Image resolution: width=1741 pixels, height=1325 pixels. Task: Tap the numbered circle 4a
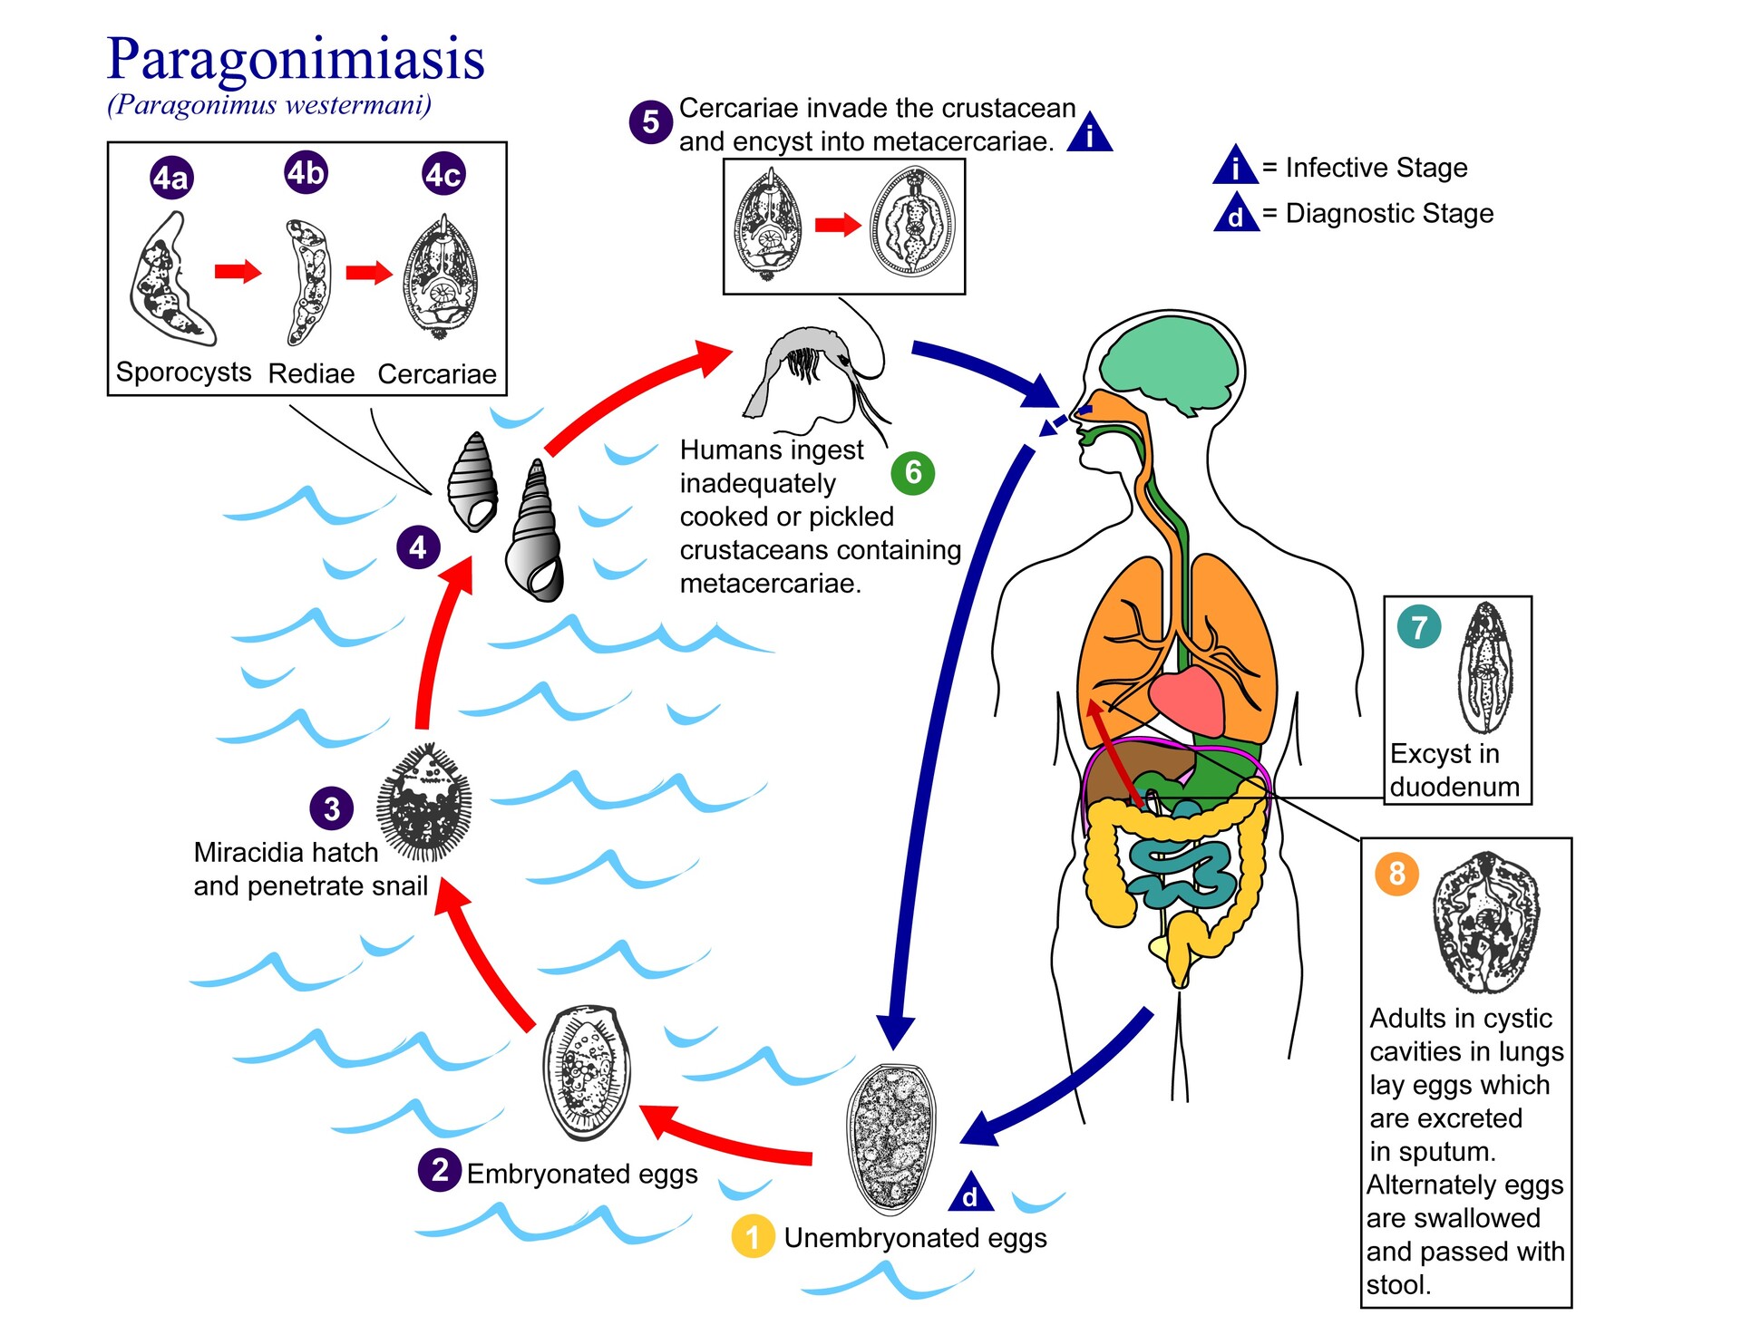(x=170, y=177)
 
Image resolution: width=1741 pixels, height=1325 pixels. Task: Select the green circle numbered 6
(x=912, y=472)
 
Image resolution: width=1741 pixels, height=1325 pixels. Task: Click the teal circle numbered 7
(x=1419, y=626)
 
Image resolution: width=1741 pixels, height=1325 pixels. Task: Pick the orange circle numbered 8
(x=1396, y=874)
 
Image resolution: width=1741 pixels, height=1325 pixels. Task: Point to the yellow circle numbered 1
(x=753, y=1237)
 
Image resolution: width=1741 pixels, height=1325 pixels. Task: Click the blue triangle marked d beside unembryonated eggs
(x=970, y=1194)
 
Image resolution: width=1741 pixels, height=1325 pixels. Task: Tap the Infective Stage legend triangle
(x=1235, y=167)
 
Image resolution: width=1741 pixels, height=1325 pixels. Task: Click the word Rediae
(x=311, y=373)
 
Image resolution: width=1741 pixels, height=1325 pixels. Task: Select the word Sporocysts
(x=183, y=372)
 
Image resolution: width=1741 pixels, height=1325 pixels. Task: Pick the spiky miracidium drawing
(x=424, y=802)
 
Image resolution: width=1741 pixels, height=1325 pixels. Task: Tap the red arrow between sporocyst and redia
(x=238, y=271)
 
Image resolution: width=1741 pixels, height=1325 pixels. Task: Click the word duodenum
(x=1454, y=787)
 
